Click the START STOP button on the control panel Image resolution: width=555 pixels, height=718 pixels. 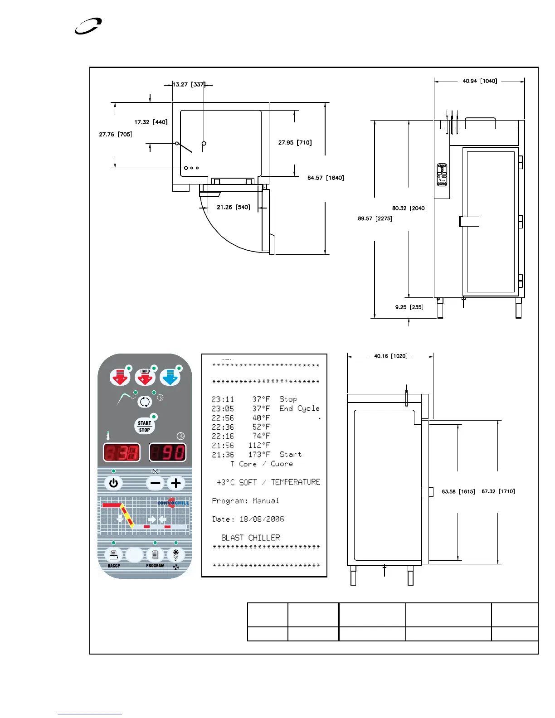coord(145,426)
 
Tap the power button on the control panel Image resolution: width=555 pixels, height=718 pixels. coord(113,483)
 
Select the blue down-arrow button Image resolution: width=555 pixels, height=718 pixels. coord(170,377)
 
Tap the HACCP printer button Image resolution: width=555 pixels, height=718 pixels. coord(113,555)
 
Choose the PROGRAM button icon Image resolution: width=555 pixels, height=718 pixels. coord(155,555)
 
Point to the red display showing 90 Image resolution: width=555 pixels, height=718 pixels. coord(167,452)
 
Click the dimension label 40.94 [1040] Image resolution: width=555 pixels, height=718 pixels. coord(480,81)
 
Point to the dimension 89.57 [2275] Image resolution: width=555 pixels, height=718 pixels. coord(375,218)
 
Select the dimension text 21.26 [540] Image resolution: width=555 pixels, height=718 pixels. coord(233,207)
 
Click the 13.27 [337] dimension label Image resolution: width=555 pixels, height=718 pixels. coord(189,84)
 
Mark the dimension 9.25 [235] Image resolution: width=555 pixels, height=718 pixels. coord(409,307)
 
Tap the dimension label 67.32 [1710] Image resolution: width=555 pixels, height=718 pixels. coord(498,491)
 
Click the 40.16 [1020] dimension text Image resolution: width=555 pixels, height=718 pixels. coord(390,356)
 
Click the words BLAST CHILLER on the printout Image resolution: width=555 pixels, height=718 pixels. coord(251,538)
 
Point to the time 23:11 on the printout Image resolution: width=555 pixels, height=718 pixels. coord(223,399)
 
